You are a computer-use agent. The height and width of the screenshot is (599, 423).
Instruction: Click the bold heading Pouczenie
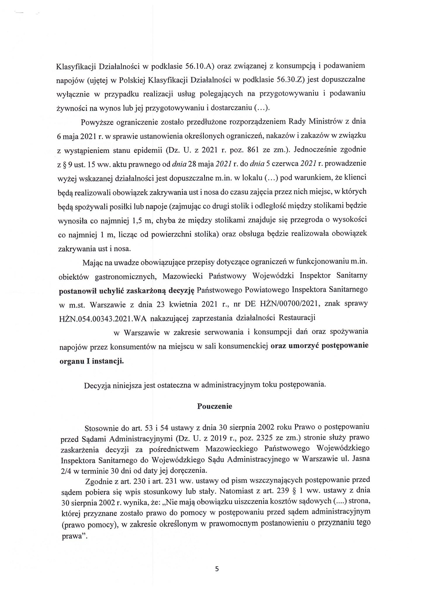click(215, 406)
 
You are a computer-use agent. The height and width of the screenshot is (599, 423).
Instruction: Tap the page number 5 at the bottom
click(217, 569)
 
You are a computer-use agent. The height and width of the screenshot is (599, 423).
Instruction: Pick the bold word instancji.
click(108, 361)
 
